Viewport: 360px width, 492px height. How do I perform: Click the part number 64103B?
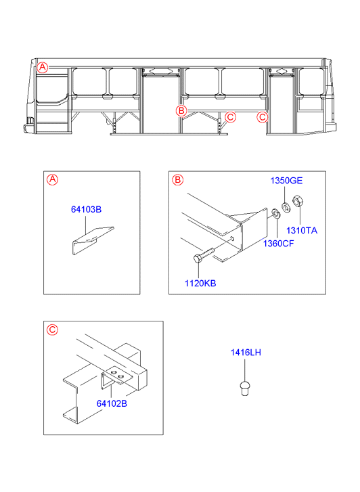(87, 209)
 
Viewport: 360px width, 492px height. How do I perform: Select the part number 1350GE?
(286, 181)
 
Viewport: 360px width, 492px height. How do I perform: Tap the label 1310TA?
(302, 230)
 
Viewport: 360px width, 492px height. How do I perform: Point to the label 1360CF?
(278, 244)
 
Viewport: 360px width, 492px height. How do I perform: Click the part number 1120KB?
(200, 284)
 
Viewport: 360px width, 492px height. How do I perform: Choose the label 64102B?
(112, 403)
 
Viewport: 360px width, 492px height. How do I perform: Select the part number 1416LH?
(246, 353)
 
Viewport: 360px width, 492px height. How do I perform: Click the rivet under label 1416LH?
(245, 388)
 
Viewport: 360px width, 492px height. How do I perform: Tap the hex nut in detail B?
(298, 201)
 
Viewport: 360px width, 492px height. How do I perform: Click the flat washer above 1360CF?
(276, 213)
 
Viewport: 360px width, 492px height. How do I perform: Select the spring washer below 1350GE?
(286, 208)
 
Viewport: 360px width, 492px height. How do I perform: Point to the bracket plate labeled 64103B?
(93, 238)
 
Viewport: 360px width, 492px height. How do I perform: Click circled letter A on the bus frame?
(43, 67)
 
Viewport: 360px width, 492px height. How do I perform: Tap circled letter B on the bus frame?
(181, 110)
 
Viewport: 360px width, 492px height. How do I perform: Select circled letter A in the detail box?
(52, 180)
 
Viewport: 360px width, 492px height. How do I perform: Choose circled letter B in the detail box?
(178, 180)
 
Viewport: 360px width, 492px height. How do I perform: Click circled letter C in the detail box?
(52, 330)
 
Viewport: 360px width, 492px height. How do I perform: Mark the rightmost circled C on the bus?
(262, 117)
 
